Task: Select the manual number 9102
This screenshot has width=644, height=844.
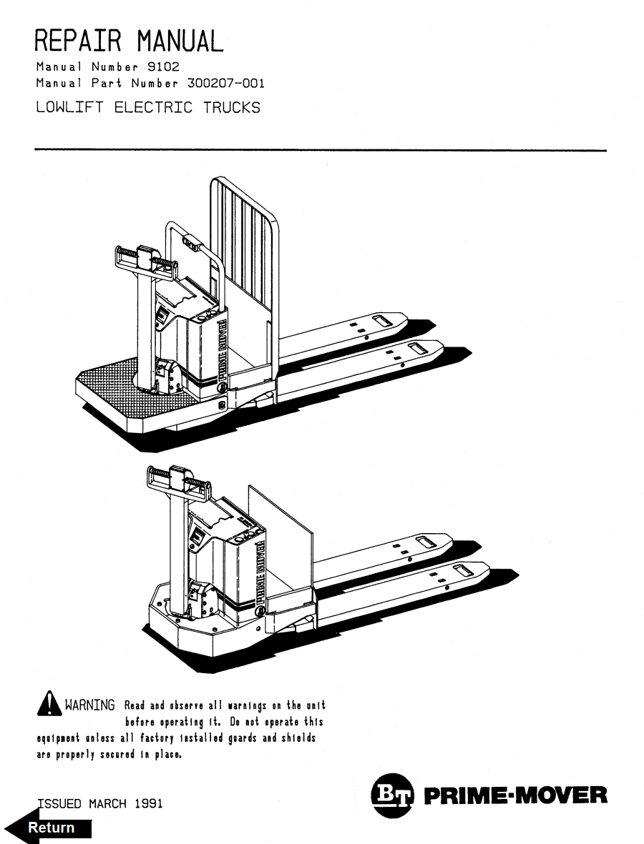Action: point(163,67)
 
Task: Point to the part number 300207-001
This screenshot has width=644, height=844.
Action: point(225,83)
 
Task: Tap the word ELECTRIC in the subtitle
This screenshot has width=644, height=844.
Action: point(153,108)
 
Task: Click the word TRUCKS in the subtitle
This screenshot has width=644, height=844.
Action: point(230,108)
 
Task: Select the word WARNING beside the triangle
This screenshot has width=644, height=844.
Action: point(90,706)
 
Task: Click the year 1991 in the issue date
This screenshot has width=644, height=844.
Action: point(147,803)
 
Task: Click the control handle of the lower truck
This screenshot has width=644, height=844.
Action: point(180,482)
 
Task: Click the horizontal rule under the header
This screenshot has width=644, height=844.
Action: point(321,150)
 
